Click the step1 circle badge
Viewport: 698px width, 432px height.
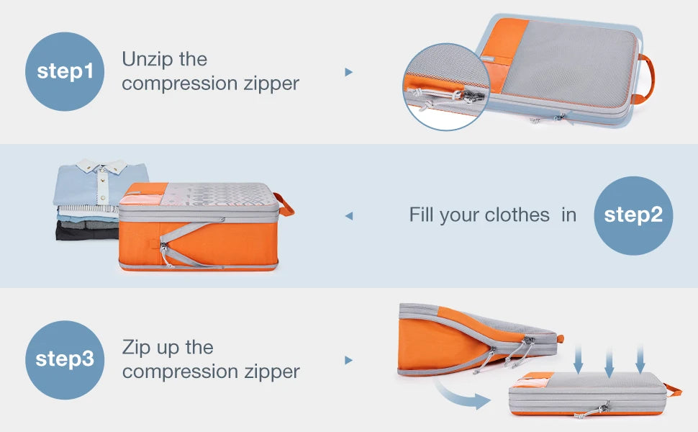(65, 71)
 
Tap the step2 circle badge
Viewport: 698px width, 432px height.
(633, 215)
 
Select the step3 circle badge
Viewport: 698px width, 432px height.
(65, 359)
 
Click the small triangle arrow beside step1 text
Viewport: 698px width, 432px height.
(349, 72)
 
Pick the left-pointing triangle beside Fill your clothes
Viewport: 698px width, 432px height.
(349, 215)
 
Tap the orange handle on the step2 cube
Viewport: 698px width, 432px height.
(286, 204)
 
